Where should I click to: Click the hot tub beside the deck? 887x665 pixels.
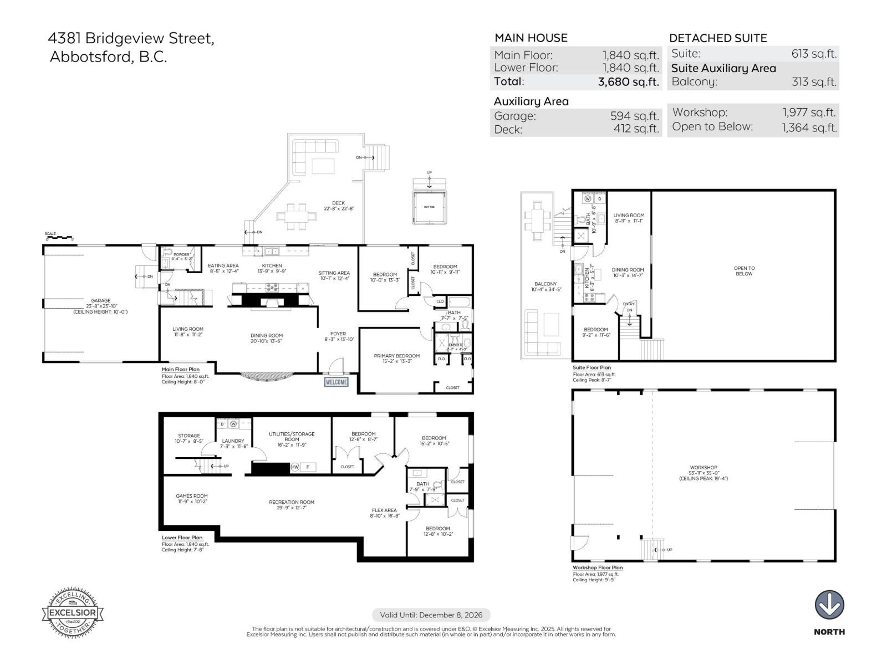429,207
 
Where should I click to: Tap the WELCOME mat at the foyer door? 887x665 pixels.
337,382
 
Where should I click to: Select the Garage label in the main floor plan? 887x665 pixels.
101,301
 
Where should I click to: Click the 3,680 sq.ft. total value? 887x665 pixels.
628,82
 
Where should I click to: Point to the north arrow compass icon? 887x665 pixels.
829,605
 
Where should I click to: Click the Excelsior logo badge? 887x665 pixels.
73,613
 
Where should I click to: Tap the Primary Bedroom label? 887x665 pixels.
396,356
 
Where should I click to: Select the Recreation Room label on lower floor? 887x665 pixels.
292,502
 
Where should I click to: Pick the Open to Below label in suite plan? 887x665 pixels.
743,271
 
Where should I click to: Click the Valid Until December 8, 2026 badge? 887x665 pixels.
431,615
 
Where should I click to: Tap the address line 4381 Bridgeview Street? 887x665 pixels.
131,38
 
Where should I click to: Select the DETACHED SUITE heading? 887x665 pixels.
718,38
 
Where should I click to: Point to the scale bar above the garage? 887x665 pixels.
60,237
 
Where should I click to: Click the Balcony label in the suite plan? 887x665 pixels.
546,287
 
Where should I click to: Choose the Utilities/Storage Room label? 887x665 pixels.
292,437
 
